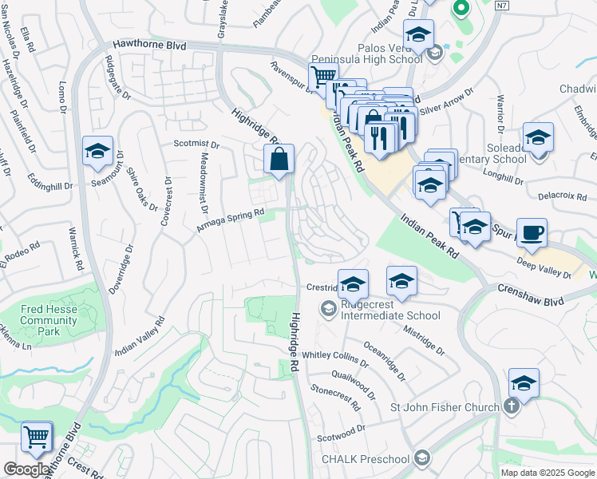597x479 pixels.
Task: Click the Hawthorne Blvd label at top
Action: (x=149, y=46)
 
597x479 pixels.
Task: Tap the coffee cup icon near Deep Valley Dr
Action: (x=532, y=233)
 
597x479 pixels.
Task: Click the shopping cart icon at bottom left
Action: (x=37, y=437)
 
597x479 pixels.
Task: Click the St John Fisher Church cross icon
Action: (x=512, y=407)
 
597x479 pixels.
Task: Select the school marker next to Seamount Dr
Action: (x=97, y=151)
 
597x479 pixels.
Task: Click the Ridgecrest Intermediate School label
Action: (x=390, y=310)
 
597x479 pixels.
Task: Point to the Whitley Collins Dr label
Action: (x=334, y=356)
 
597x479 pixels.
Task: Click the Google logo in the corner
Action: (x=26, y=469)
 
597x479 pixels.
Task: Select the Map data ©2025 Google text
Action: (x=547, y=473)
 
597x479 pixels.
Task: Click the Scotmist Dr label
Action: (x=196, y=144)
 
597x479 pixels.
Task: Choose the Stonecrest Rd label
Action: (x=336, y=392)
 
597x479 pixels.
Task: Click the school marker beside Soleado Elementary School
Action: (x=538, y=137)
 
